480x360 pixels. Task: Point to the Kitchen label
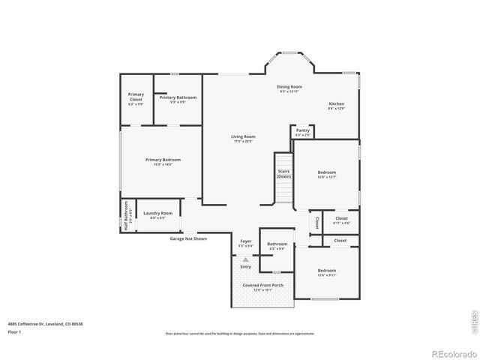coord(337,105)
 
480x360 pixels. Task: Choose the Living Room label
coord(243,138)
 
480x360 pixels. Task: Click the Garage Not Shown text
coord(187,238)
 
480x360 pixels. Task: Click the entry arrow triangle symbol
coord(245,259)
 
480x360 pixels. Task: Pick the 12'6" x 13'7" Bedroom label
coord(326,174)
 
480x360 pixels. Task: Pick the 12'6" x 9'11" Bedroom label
coord(326,271)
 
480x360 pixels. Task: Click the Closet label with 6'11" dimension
coord(341,220)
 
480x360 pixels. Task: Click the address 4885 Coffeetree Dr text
coord(45,323)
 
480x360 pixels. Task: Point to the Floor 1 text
coord(15,331)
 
